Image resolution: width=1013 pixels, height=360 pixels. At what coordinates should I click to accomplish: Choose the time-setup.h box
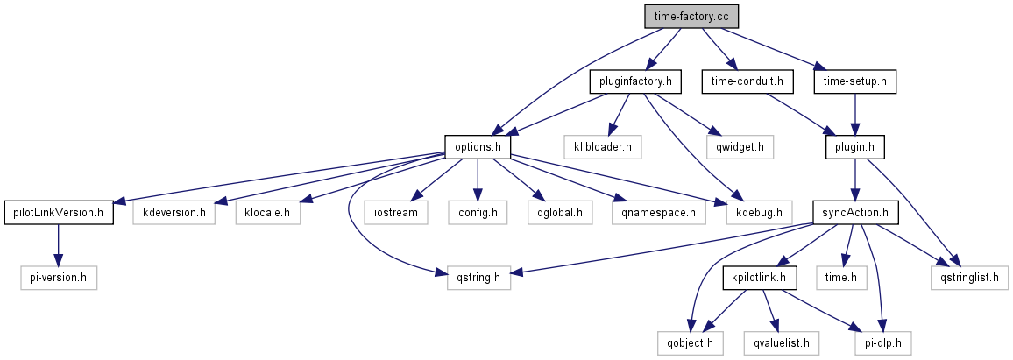(x=855, y=81)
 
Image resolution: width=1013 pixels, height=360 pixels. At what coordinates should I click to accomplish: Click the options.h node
(x=478, y=146)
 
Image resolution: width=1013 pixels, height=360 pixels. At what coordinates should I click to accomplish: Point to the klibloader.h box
(x=603, y=146)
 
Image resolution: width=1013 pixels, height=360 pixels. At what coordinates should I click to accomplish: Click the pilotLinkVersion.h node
(x=59, y=212)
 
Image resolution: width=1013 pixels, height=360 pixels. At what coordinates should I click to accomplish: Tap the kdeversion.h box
(x=174, y=212)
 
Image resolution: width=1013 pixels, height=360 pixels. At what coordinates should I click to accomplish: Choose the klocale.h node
(x=267, y=212)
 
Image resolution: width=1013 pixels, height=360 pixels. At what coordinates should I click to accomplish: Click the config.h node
(x=478, y=212)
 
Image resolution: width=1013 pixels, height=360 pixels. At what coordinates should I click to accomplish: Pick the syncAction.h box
(x=855, y=212)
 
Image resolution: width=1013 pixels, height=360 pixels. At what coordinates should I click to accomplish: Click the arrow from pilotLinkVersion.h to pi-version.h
(x=58, y=244)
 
